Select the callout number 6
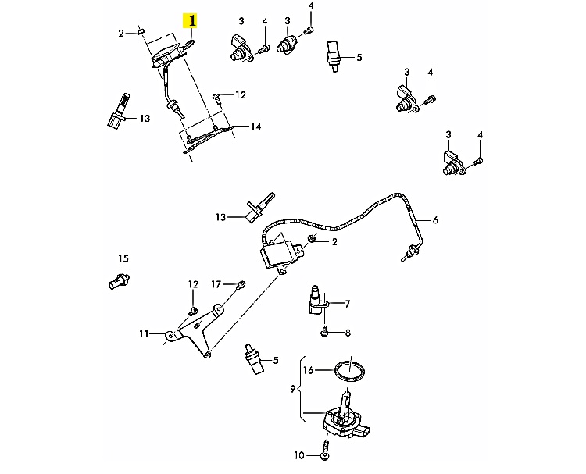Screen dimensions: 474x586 (435, 220)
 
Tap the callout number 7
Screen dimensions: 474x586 (347, 303)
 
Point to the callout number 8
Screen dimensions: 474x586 (348, 333)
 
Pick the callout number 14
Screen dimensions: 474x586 (255, 126)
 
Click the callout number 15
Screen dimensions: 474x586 (122, 258)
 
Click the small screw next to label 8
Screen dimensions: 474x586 (323, 333)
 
